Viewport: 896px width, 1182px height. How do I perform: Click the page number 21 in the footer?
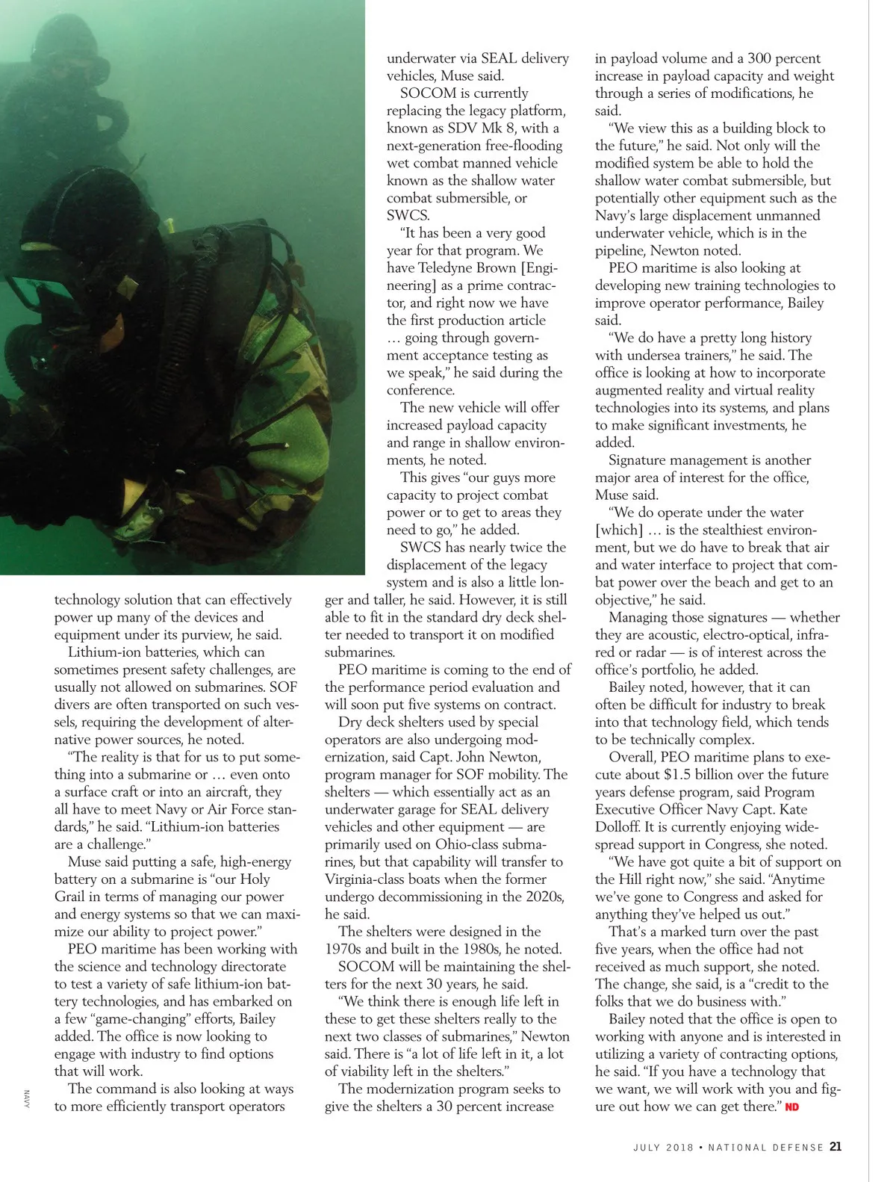(x=836, y=1146)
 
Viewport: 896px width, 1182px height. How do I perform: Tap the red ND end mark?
(x=792, y=1107)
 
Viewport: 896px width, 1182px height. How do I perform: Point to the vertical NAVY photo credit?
(x=25, y=1098)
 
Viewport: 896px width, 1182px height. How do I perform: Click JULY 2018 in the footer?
(x=663, y=1147)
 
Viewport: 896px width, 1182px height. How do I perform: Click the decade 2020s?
(x=542, y=897)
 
